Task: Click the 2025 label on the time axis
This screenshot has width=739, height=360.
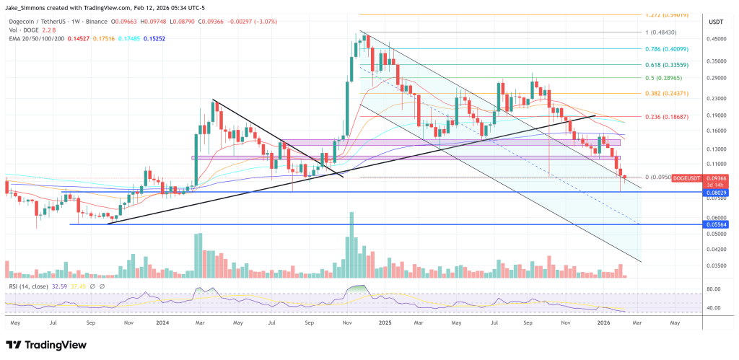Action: pyautogui.click(x=383, y=323)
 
